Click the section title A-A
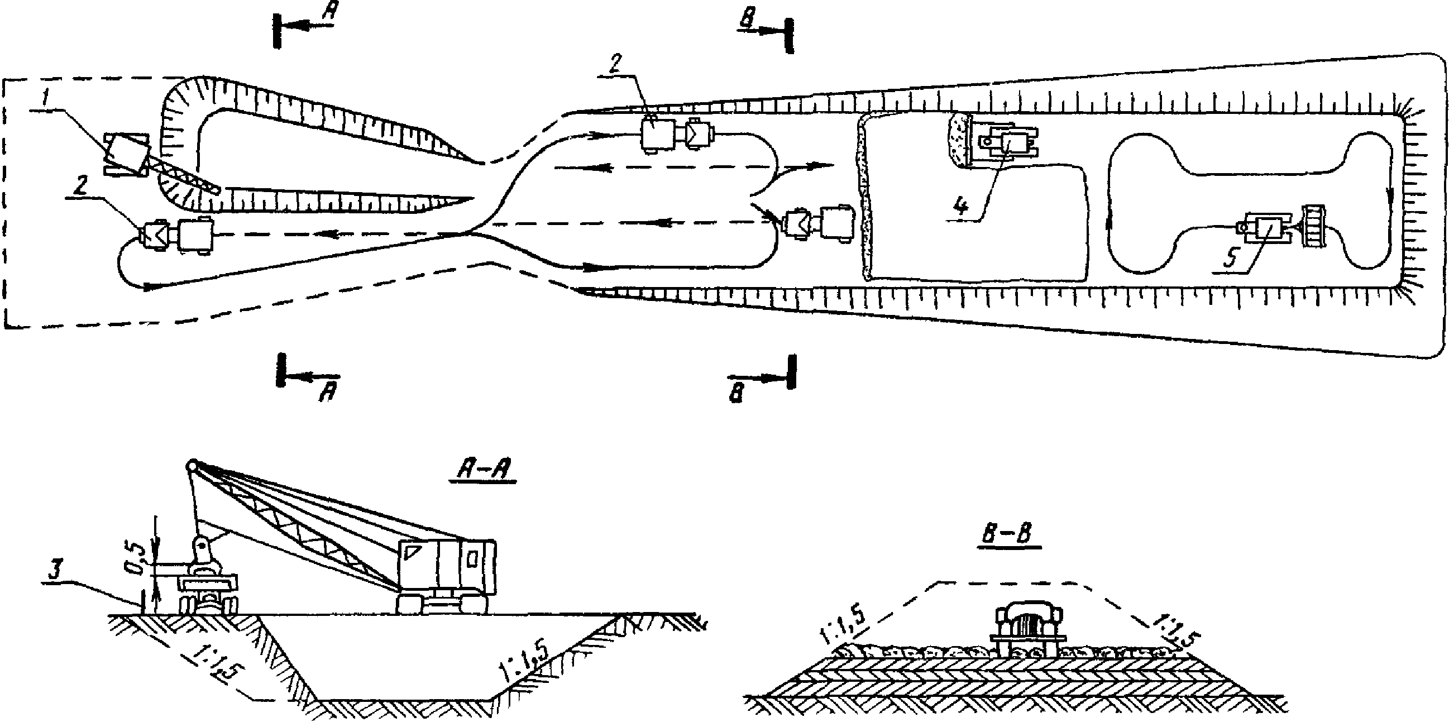tap(482, 471)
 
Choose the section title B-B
tap(1007, 535)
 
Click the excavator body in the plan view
tap(127, 153)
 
